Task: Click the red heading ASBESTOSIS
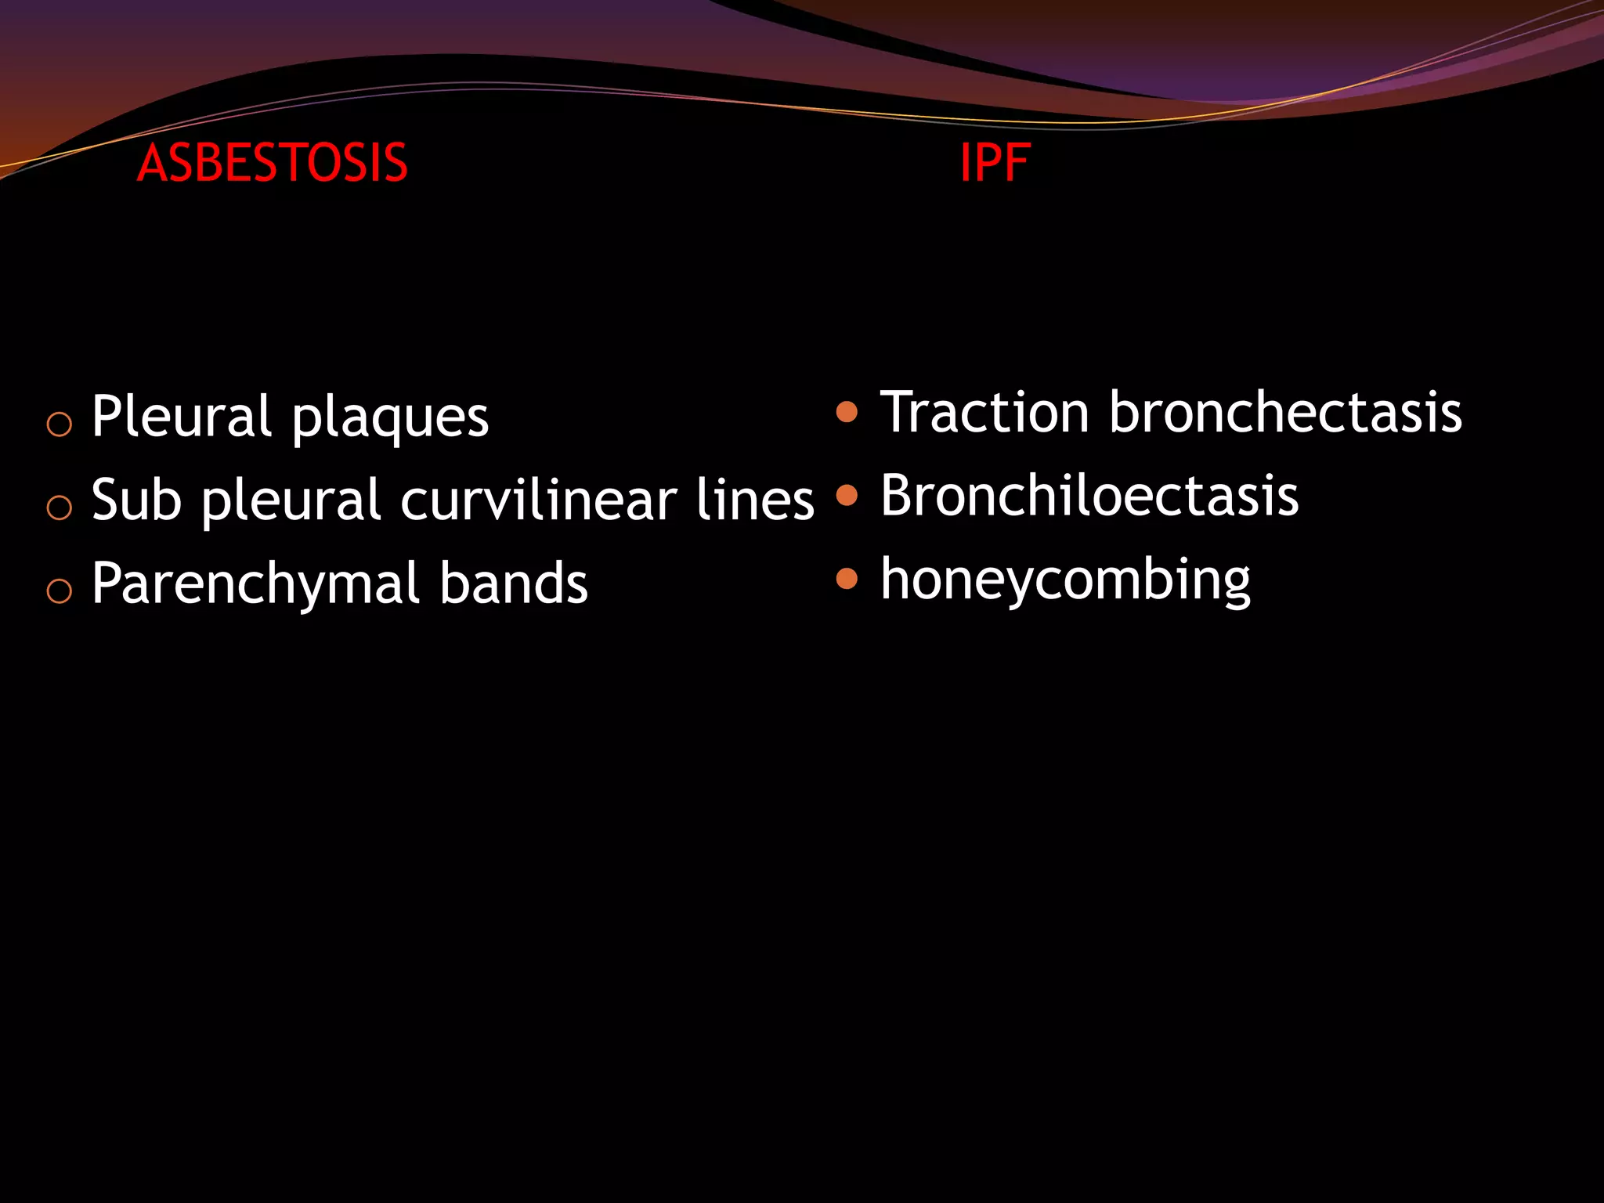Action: [x=272, y=163]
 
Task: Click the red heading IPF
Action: [x=995, y=163]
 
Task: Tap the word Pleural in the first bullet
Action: [x=182, y=416]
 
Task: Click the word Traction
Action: [x=984, y=412]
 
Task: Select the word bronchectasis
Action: [x=1284, y=412]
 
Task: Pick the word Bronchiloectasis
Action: [x=1089, y=496]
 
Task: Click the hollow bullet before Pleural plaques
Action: [x=60, y=424]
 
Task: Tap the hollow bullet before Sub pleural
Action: [x=60, y=508]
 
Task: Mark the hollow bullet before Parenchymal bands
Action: [x=60, y=591]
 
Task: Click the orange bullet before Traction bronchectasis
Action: [x=847, y=412]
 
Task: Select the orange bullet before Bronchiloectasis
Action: [x=847, y=495]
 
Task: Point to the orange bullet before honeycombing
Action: [x=847, y=579]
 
